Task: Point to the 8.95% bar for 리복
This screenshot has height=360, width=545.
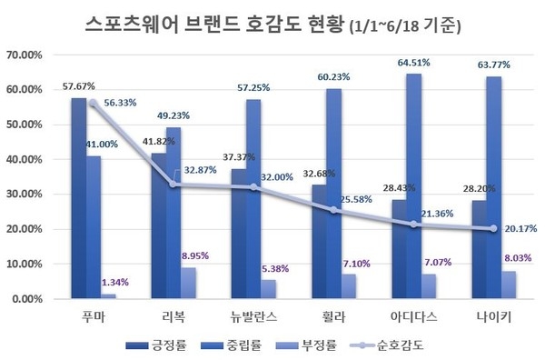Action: click(188, 283)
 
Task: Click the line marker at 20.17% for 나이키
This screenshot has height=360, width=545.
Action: click(492, 229)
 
